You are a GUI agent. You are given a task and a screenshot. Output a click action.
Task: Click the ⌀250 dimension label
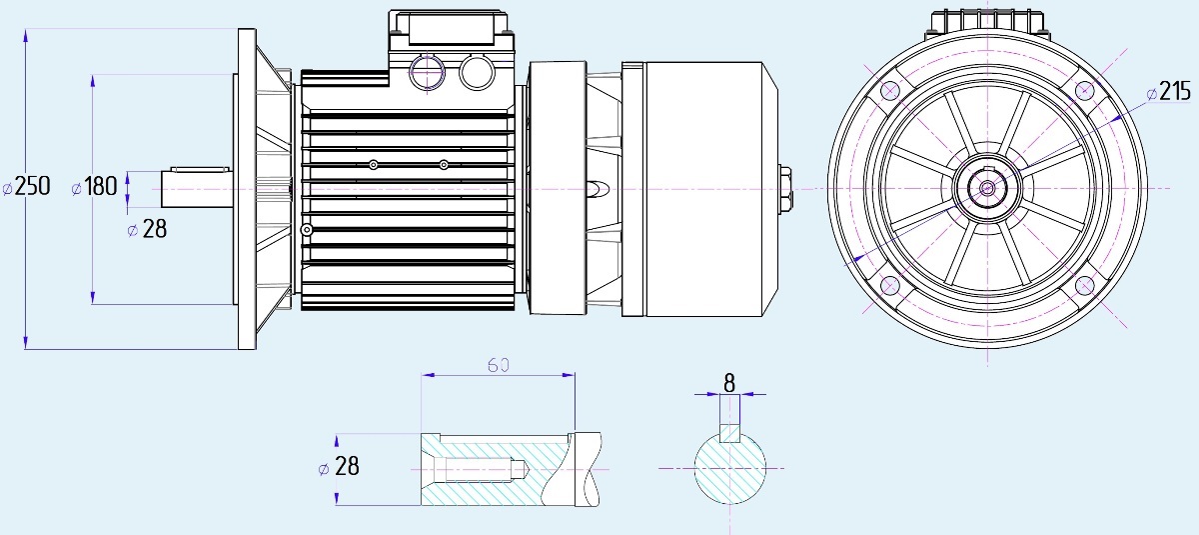tap(26, 186)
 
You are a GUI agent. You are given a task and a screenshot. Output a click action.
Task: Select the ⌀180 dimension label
tap(94, 186)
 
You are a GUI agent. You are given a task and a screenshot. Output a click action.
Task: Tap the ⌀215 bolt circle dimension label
tap(1168, 92)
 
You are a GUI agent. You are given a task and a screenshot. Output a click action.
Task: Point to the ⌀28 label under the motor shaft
tap(147, 229)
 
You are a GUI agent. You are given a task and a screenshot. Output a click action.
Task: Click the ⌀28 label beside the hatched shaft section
tap(339, 466)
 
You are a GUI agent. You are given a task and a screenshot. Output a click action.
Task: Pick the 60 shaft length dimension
tap(499, 365)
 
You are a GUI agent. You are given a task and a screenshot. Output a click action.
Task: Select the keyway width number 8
tap(729, 383)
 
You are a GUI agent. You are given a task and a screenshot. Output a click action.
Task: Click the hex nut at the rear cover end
tap(785, 189)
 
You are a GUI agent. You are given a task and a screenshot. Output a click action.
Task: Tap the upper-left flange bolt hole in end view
tap(889, 90)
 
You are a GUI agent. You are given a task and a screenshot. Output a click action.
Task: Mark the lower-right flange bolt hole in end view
tap(1085, 286)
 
